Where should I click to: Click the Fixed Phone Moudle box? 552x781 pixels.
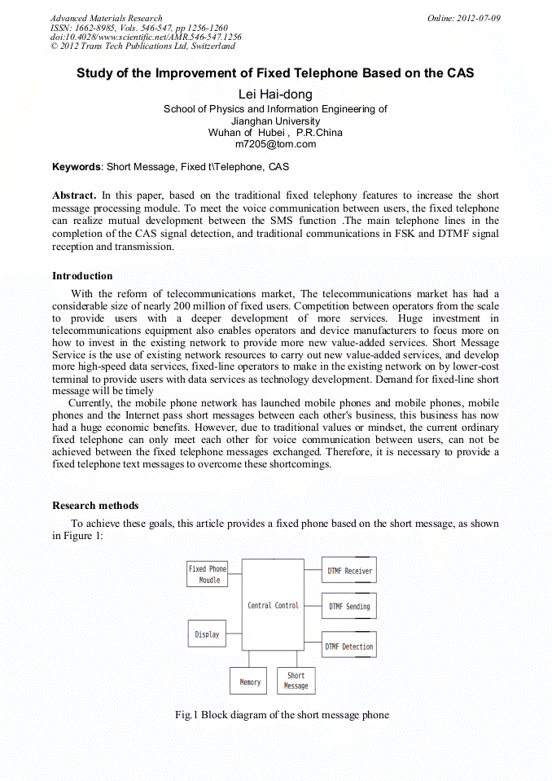tap(208, 574)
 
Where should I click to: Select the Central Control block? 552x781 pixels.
tap(273, 604)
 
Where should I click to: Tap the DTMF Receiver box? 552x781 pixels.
tap(349, 571)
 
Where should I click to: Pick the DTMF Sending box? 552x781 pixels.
tap(349, 606)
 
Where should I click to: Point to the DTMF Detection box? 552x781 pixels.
tap(348, 646)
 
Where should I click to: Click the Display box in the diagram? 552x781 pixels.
tap(208, 634)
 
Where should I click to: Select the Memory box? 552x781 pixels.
tap(250, 681)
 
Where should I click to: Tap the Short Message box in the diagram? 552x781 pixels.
tap(296, 681)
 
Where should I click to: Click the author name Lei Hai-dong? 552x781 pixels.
tap(275, 94)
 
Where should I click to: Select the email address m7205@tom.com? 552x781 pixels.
tap(275, 144)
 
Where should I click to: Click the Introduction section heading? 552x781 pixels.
tap(82, 276)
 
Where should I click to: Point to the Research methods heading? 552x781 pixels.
tap(95, 506)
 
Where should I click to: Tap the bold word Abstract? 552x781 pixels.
tap(74, 195)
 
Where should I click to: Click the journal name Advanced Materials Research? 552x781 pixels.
tap(106, 18)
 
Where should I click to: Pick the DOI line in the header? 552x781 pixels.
tap(146, 37)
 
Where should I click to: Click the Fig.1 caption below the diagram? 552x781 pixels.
tap(282, 715)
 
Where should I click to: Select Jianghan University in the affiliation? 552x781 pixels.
tap(275, 121)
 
